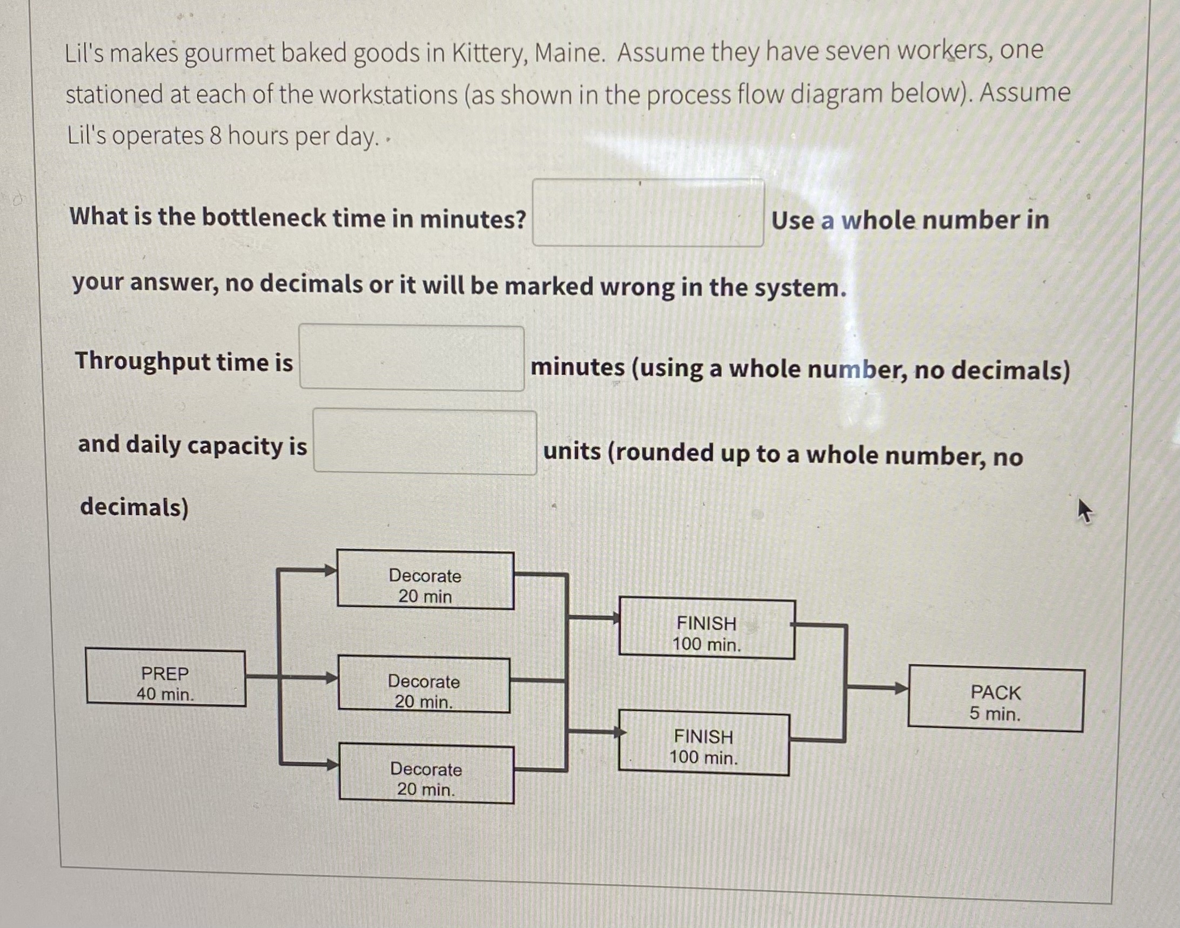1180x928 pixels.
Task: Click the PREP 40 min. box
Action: [x=165, y=678]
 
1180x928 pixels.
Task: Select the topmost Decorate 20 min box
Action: [x=425, y=580]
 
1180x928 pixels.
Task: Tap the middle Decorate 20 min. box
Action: [x=424, y=685]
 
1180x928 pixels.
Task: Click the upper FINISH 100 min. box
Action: [x=707, y=629]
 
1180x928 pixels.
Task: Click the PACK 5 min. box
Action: [x=996, y=701]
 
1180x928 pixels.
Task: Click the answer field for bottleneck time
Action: [x=648, y=213]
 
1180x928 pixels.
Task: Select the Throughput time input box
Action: [x=412, y=358]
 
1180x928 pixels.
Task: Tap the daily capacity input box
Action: [x=425, y=442]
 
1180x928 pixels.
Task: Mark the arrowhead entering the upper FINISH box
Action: [x=615, y=618]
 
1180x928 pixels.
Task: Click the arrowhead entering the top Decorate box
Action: [x=330, y=570]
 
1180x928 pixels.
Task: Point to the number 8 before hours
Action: [x=215, y=136]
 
